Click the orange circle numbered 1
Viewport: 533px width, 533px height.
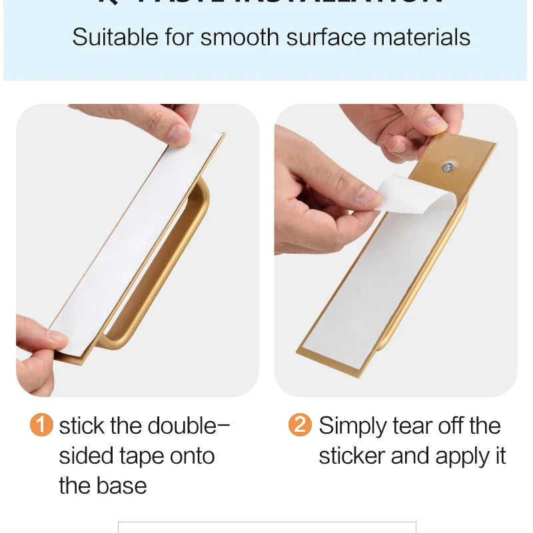click(x=41, y=424)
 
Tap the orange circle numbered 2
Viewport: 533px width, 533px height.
click(x=300, y=424)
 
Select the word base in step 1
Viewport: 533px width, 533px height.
click(x=123, y=486)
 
